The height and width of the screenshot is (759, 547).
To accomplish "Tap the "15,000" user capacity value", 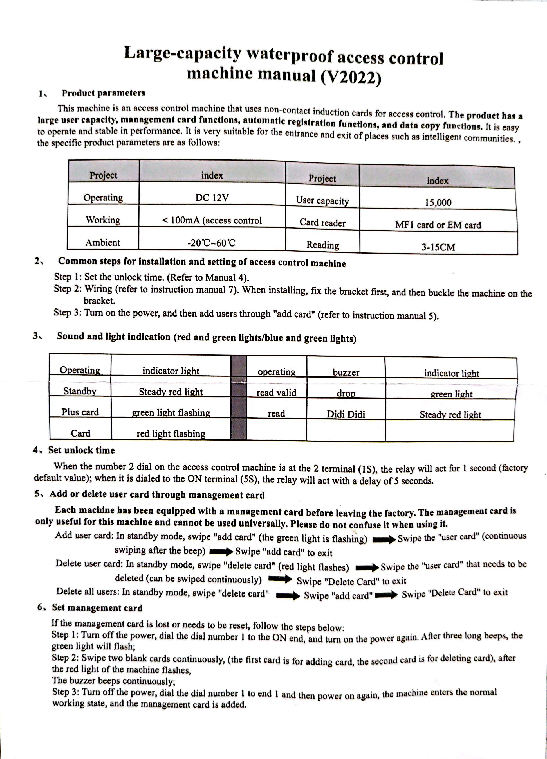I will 438,202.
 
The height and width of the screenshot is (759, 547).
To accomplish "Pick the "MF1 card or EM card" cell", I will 438,225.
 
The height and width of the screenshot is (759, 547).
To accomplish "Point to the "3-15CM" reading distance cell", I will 438,247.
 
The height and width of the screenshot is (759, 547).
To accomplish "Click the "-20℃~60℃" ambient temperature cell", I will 212,243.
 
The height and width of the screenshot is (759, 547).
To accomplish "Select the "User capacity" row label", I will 322,200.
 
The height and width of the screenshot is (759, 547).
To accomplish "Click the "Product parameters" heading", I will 103,93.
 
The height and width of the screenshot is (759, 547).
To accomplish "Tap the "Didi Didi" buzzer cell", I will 346,414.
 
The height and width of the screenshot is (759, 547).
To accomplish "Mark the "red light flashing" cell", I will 171,433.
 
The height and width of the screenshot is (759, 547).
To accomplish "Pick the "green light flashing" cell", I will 171,413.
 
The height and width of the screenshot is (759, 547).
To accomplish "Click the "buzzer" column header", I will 346,372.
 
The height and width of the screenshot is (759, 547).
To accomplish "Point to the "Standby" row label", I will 80,391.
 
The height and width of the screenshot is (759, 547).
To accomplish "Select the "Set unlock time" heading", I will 81,450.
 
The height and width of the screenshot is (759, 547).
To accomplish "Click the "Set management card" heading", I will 97,608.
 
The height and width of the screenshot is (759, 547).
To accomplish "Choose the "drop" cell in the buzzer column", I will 346,394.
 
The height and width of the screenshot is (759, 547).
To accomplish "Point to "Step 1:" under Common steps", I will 68,277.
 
